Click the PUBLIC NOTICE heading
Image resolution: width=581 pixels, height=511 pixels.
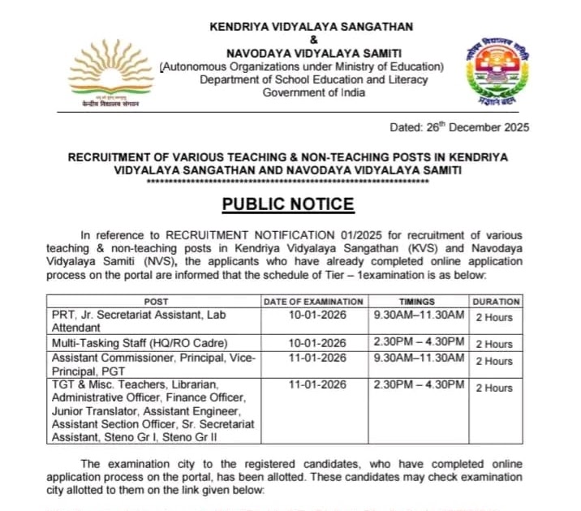point(288,204)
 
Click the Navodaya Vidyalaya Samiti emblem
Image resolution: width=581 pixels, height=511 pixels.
point(496,71)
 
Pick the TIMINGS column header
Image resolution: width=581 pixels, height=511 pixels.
point(418,302)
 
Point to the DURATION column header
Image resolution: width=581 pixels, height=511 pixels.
point(496,302)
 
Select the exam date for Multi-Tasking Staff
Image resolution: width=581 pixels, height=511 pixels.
point(318,344)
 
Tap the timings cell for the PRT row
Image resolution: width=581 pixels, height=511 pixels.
point(418,314)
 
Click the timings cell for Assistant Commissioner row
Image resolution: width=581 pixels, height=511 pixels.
point(418,359)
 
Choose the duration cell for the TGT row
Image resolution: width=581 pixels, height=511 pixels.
point(494,388)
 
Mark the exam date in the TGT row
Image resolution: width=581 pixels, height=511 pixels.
point(318,384)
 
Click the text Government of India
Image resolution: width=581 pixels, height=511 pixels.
point(313,92)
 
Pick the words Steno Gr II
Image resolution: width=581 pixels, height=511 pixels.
point(212,438)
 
